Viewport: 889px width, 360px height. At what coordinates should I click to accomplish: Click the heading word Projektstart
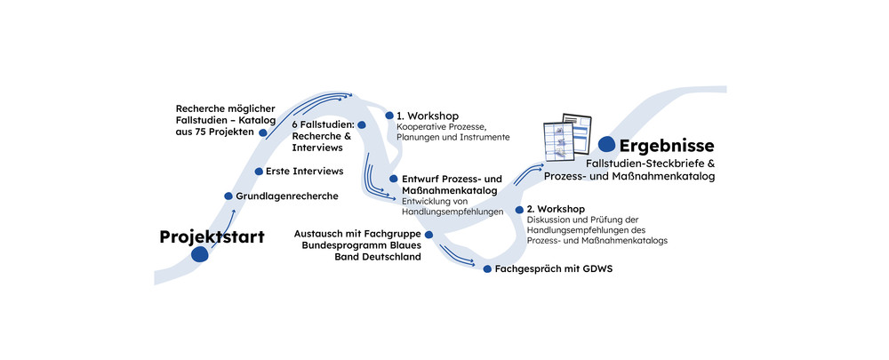[x=212, y=236]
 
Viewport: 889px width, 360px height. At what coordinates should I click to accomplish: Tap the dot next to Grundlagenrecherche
[x=228, y=196]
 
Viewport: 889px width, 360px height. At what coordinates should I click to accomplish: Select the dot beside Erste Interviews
[x=259, y=171]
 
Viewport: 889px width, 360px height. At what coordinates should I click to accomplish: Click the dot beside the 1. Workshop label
[x=388, y=115]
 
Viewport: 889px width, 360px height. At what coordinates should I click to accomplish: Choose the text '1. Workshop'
[x=428, y=116]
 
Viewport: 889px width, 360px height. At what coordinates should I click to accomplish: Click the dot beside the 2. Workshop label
[x=519, y=210]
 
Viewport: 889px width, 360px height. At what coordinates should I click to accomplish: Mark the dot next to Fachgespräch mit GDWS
[x=487, y=268]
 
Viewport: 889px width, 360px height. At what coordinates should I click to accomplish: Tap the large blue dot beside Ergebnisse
[x=607, y=144]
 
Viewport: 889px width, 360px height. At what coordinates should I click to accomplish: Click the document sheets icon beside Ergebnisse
[x=567, y=138]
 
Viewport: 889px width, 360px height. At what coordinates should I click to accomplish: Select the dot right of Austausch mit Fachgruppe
[x=428, y=235]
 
